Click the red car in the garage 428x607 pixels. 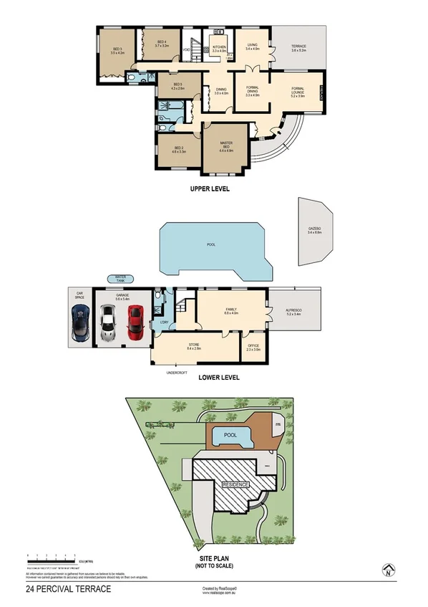click(136, 323)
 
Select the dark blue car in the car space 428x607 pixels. click(80, 323)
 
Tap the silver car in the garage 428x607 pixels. click(108, 323)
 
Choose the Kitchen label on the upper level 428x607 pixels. click(218, 49)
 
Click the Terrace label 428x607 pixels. click(298, 49)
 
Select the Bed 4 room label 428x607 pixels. click(161, 44)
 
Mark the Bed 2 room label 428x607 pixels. click(178, 150)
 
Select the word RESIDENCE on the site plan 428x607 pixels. click(236, 485)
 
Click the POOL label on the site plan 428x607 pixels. click(230, 435)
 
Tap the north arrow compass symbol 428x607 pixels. click(387, 570)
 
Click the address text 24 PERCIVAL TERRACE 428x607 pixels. click(68, 589)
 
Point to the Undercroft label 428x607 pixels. click(177, 373)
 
